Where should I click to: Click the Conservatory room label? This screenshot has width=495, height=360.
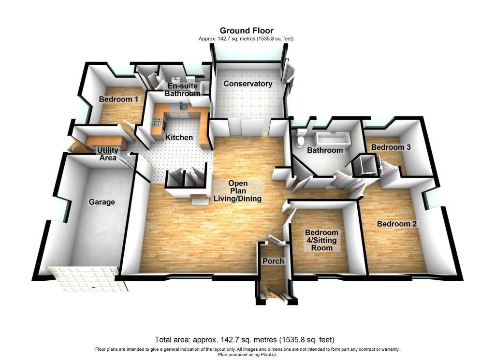pos(248,84)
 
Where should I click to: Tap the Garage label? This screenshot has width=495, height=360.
pos(102,202)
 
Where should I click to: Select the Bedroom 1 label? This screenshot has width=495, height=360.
pos(118,100)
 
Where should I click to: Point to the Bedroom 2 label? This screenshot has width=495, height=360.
pos(397,224)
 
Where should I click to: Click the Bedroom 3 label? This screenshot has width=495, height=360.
pos(391,147)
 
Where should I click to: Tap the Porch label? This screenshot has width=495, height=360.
pos(273,261)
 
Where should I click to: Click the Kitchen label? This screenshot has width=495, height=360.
pos(179,138)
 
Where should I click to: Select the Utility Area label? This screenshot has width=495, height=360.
pos(108,154)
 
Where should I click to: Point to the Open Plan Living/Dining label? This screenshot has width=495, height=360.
pos(238,191)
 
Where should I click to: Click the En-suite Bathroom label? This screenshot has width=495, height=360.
pos(182,90)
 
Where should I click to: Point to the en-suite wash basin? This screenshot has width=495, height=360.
pos(176,81)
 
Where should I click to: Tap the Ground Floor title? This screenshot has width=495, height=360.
pos(247,31)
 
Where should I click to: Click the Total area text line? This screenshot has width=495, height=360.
pos(244,339)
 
